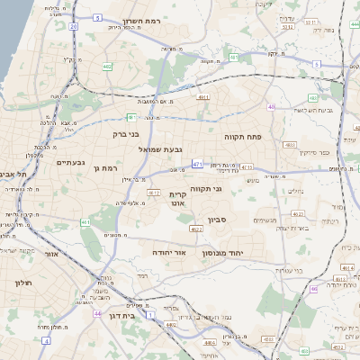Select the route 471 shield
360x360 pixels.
tap(197, 164)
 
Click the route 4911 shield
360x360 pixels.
tap(203, 96)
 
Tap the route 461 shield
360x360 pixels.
tap(85, 221)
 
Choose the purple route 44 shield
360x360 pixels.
tap(97, 313)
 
